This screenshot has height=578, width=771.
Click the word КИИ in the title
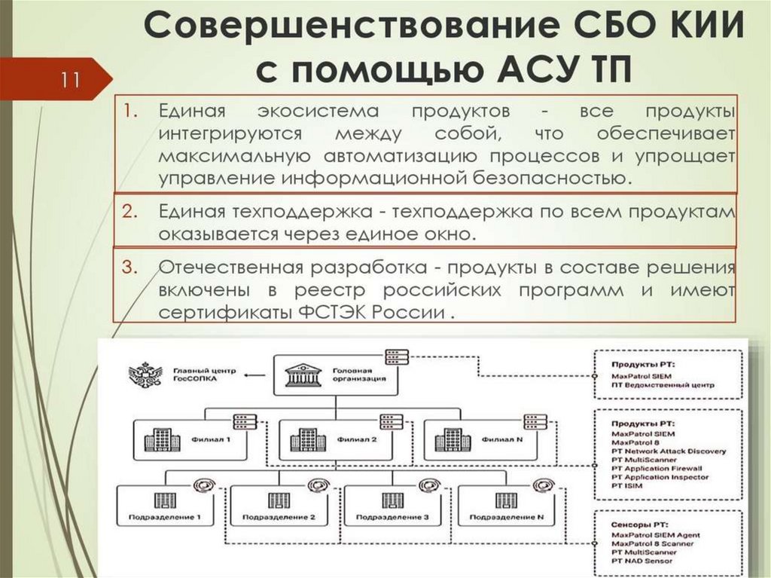692,29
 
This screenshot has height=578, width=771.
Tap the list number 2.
128,211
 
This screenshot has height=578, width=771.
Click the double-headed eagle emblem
145,375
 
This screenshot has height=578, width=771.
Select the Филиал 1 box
194,439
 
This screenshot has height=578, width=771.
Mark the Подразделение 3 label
403,518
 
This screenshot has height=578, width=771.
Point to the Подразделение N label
517,518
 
